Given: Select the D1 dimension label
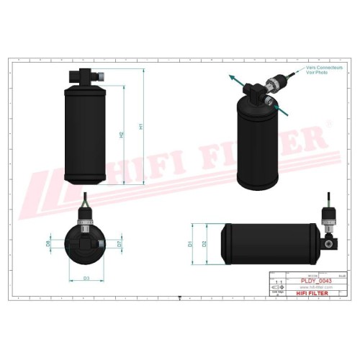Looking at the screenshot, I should point(191,244).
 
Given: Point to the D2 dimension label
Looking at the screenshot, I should point(205,244).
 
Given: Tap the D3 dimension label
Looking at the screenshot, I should point(86,277).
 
